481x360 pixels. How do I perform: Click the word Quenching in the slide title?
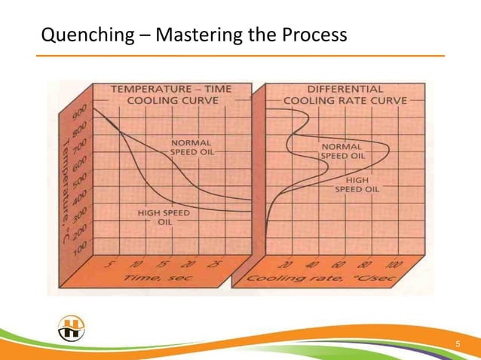pyautogui.click(x=76, y=35)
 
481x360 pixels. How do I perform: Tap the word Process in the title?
pyautogui.click(x=313, y=35)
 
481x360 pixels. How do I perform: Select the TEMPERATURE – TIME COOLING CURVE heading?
pyautogui.click(x=171, y=94)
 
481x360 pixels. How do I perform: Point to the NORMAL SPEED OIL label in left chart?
pyautogui.click(x=191, y=146)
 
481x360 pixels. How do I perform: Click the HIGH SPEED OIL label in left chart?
pyautogui.click(x=164, y=218)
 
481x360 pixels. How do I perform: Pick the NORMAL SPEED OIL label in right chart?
pyautogui.click(x=344, y=151)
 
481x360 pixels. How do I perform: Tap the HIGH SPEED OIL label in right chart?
pyautogui.click(x=357, y=185)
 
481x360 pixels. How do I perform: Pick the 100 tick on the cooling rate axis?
pyautogui.click(x=394, y=264)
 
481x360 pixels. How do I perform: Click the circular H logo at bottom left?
pyautogui.click(x=72, y=328)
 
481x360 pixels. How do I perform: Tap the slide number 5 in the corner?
pyautogui.click(x=456, y=345)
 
